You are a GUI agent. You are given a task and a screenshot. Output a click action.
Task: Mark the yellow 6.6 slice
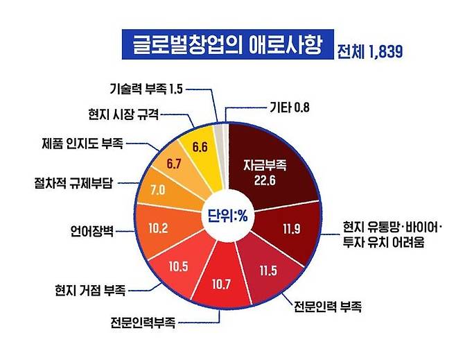pos(200,146)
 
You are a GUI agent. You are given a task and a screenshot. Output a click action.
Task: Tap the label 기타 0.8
pos(288,108)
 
